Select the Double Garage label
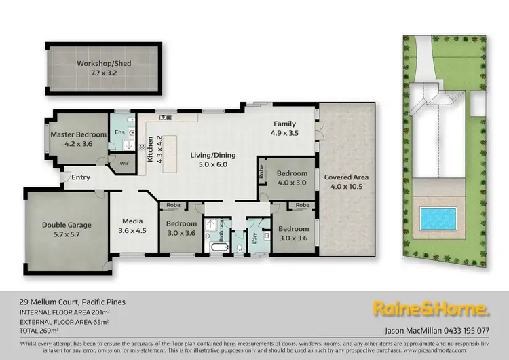point(67,225)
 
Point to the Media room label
point(132,221)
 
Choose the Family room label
point(284,124)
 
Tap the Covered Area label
point(346,177)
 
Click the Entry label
point(81,178)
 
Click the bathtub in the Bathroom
point(217,248)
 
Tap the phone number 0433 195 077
point(466,331)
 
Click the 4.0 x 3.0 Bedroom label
point(292,177)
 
